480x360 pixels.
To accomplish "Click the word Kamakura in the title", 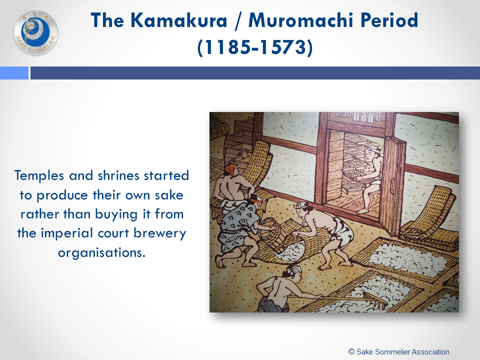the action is tap(179, 20).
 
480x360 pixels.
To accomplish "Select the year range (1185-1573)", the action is tap(254, 47).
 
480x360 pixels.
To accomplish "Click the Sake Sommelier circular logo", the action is tap(36, 33).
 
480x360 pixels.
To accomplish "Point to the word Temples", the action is tap(39, 176).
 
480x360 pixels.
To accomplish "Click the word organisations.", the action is tap(101, 253).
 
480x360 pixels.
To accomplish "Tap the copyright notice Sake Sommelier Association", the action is tap(399, 351).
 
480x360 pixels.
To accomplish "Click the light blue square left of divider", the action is tap(14, 73).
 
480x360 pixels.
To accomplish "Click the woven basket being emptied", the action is tap(270, 231).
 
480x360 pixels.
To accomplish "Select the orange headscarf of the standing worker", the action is tap(232, 169).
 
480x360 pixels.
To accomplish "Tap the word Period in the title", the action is tap(389, 20).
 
